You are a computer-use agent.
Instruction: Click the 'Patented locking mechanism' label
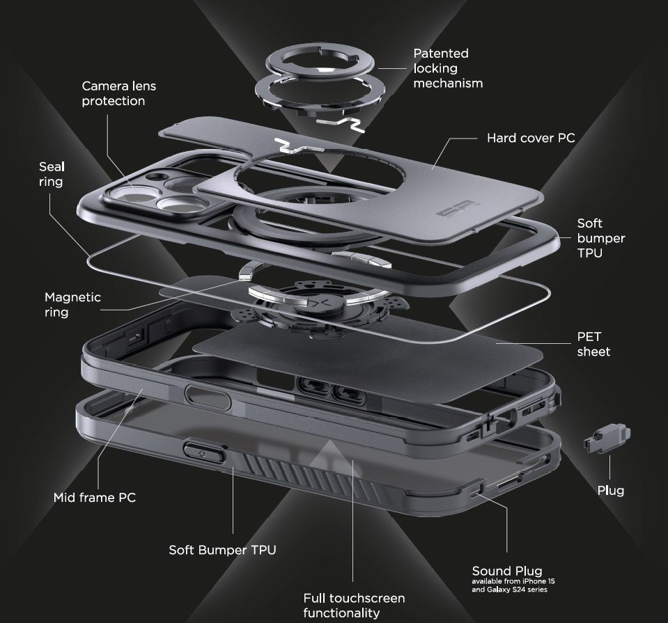447,68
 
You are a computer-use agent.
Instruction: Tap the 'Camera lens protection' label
118,93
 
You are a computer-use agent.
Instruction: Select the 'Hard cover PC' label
530,138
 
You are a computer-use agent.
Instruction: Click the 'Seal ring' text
51,174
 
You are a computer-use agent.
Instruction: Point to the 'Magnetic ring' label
72,305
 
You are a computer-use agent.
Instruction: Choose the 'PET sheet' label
593,344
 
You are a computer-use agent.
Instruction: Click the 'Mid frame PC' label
94,498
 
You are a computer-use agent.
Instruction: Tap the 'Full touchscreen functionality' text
353,605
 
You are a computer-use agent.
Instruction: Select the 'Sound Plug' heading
506,571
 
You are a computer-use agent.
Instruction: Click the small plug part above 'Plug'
603,441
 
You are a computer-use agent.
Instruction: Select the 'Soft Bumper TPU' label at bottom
222,550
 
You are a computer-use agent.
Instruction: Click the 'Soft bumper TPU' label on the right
600,238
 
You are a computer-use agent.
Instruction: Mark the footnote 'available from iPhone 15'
513,581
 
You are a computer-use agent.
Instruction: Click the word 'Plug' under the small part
610,490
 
